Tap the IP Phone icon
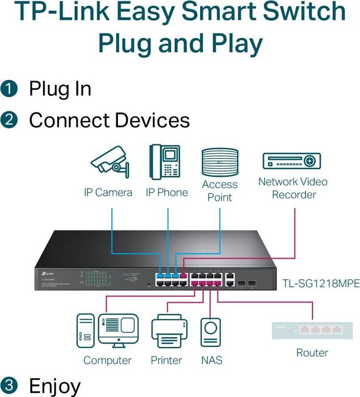tap(165, 161)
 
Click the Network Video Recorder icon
tap(291, 162)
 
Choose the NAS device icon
tap(211, 334)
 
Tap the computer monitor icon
tap(119, 331)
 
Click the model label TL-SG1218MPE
tap(320, 284)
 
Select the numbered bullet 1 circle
tap(9, 88)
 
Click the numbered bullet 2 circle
tap(9, 120)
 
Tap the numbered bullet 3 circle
tap(9, 385)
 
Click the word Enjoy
tap(55, 385)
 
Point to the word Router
tap(312, 353)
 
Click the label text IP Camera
tap(108, 192)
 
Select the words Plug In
tap(60, 88)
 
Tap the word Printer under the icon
tap(166, 360)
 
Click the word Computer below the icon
tap(108, 360)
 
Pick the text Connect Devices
tap(109, 120)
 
